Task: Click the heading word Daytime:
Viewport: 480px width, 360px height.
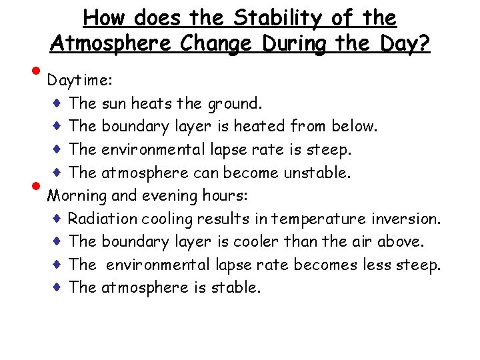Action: click(x=79, y=81)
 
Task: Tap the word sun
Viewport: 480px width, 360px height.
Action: click(x=114, y=103)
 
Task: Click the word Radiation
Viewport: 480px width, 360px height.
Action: click(x=100, y=219)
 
